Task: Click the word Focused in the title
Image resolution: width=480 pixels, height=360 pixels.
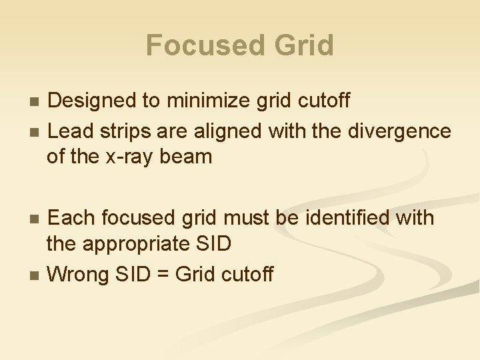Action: coord(197,45)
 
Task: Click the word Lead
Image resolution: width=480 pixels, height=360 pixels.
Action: coord(69,131)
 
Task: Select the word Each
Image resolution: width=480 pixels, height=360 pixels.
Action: coord(69,218)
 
